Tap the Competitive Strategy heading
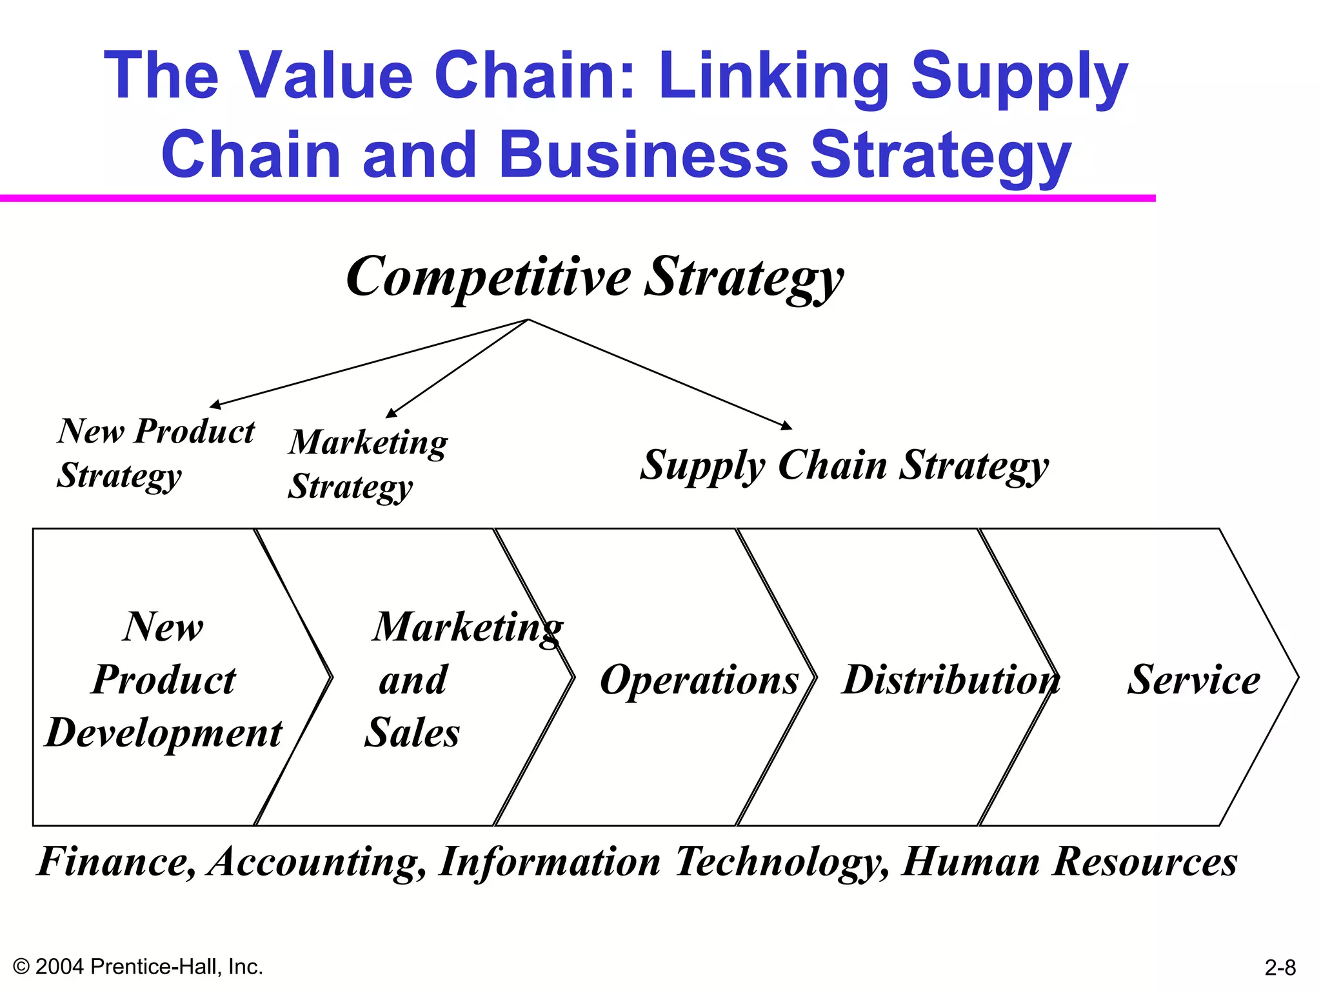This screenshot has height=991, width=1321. (x=594, y=277)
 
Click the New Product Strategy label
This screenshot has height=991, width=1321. (x=155, y=453)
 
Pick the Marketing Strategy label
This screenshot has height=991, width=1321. (x=367, y=464)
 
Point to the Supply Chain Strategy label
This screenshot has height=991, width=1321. (x=844, y=466)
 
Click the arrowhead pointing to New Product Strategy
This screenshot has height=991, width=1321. (x=215, y=405)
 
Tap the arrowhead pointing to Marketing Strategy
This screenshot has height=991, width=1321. (x=390, y=414)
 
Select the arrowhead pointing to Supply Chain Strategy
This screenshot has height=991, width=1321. (x=787, y=426)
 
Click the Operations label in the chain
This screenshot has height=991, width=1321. (x=699, y=680)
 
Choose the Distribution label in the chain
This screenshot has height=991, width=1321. (x=950, y=680)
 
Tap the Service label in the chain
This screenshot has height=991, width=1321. (x=1193, y=680)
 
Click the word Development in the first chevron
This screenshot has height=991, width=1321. (x=164, y=734)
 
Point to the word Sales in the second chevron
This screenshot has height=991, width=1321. (x=412, y=734)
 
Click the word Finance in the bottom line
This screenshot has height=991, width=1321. (x=116, y=862)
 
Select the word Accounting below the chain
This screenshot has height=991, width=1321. (x=316, y=862)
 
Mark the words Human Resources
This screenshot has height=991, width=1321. (x=1069, y=862)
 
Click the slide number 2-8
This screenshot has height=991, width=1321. (x=1280, y=968)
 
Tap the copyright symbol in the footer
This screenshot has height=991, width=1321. (x=21, y=966)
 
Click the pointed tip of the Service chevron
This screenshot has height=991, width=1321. (x=1297, y=677)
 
